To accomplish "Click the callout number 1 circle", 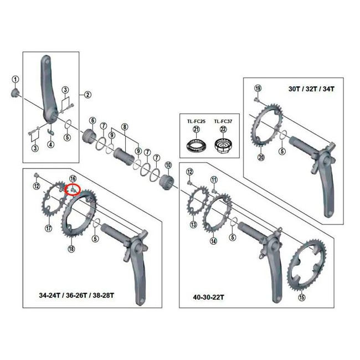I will pos(16,79).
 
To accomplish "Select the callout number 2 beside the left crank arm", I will pos(87,94).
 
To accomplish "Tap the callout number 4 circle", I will pos(50,145).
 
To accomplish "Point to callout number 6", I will pos(92,121).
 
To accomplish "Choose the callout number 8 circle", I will pos(125,126).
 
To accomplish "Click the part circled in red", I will pos(73,189).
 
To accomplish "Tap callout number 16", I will pos(73,178).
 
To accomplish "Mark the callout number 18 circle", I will pos(71,249).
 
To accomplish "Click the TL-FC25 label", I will pos(196,121).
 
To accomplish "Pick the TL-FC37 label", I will pos(224,121).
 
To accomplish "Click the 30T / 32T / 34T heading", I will pos(312,88).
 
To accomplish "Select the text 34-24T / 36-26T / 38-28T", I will pos(69,295).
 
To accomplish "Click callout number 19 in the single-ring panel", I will pos(258,89).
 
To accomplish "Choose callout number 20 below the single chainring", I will pos(261,157).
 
